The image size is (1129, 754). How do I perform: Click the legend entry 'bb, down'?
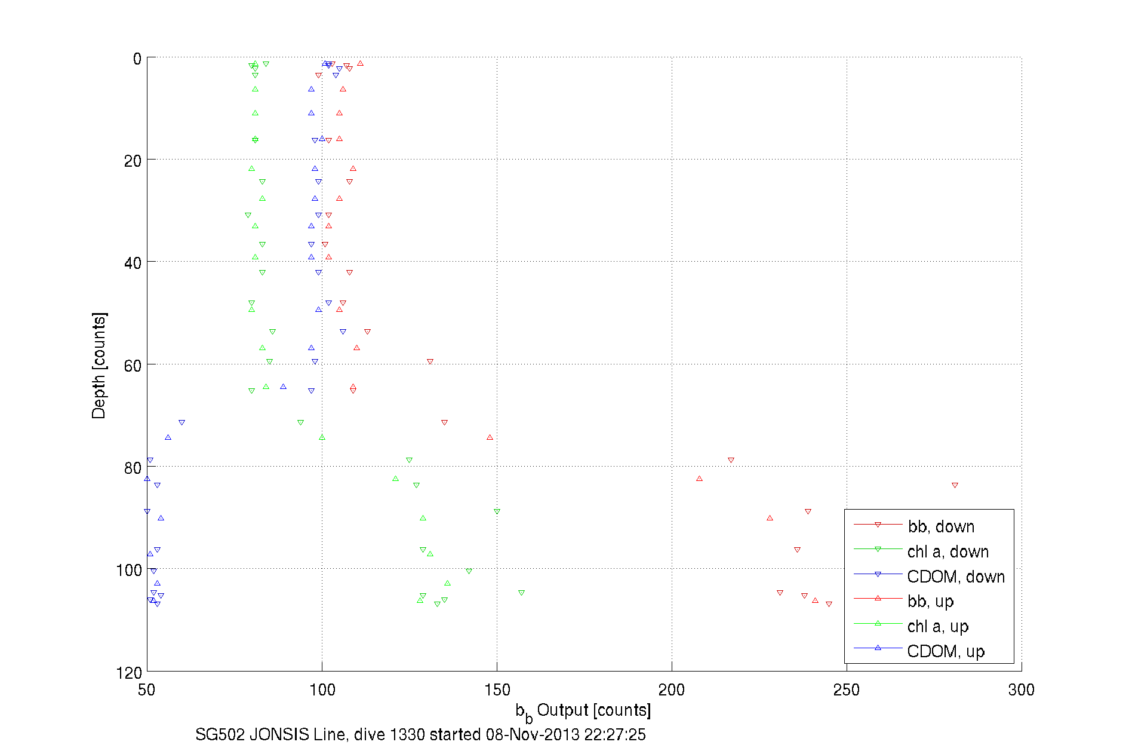point(941,526)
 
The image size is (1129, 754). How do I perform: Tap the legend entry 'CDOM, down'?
point(955,577)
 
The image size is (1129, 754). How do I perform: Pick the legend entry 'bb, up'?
point(930,601)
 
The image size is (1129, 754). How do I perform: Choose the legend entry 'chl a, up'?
point(937,626)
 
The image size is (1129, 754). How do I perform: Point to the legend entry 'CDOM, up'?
point(945,651)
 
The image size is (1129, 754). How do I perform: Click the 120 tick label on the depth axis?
point(130,673)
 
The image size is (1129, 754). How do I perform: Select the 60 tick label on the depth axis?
point(133,366)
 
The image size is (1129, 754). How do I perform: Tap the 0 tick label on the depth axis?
point(137,59)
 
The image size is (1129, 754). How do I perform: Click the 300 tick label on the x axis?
point(1021,690)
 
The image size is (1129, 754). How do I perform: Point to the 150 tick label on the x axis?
point(497,690)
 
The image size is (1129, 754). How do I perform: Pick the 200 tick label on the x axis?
point(672,690)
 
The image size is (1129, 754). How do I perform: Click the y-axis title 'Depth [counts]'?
point(99,365)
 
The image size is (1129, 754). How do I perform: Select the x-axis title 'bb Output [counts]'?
point(583,711)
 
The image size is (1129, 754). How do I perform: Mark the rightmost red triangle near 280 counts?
point(955,485)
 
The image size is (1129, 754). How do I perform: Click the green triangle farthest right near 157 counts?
point(521,593)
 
